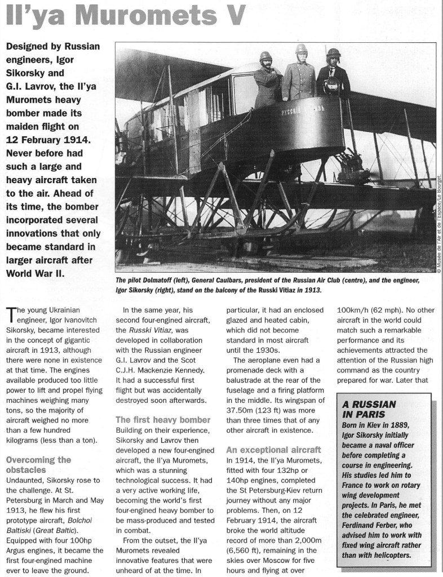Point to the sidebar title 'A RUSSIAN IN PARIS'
pos(365,409)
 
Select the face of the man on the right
pos(334,61)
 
